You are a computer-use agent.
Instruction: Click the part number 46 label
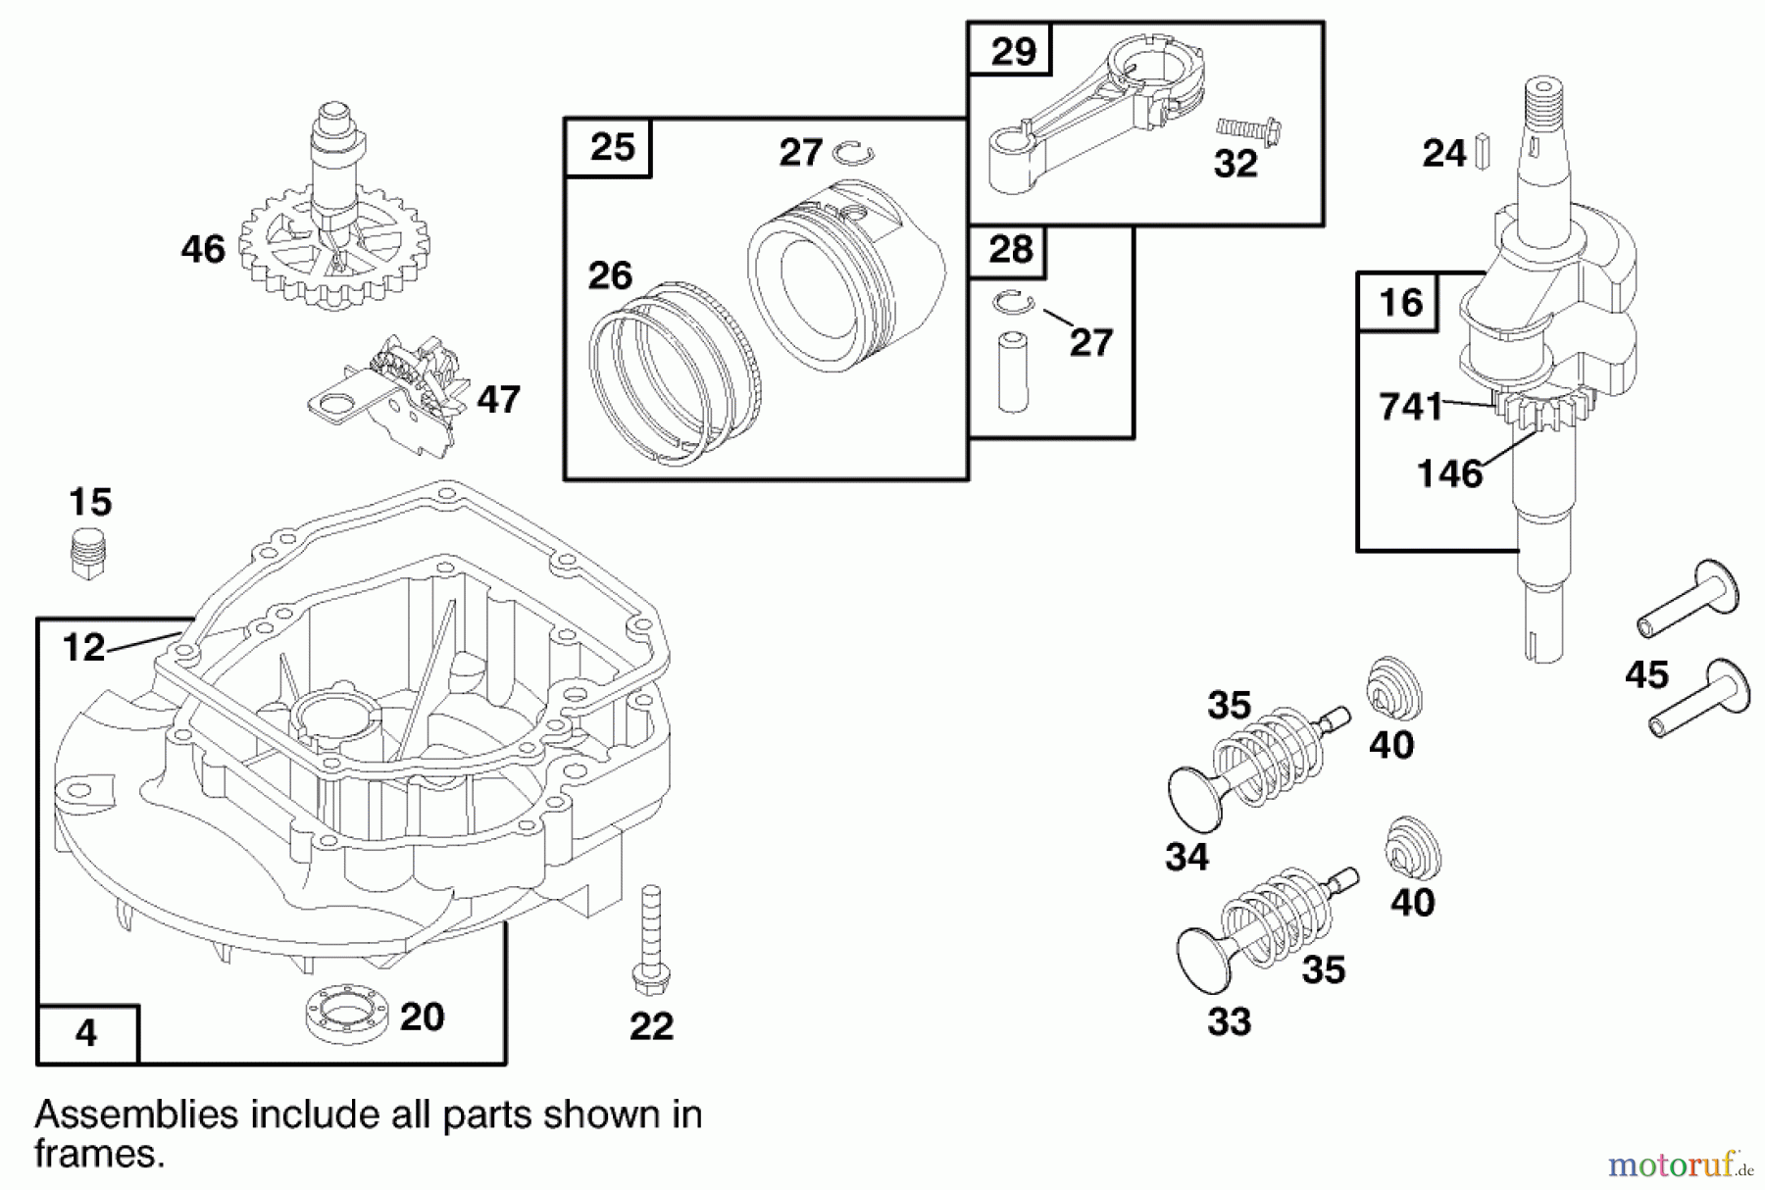point(203,249)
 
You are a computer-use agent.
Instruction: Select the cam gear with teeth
point(333,250)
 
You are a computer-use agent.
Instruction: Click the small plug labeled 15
point(88,554)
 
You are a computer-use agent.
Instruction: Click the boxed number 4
point(86,1034)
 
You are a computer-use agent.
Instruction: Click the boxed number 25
point(612,148)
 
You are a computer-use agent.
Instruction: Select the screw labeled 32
point(1251,131)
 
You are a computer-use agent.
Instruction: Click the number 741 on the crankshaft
point(1410,406)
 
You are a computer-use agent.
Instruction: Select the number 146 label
point(1449,474)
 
